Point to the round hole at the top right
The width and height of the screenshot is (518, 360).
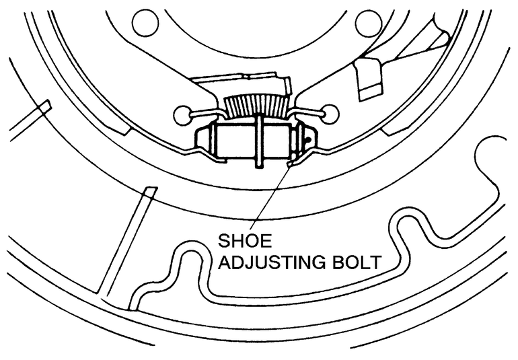click(x=366, y=24)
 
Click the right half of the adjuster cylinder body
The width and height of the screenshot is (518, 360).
click(x=279, y=142)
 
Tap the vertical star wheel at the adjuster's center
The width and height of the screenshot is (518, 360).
click(x=258, y=141)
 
